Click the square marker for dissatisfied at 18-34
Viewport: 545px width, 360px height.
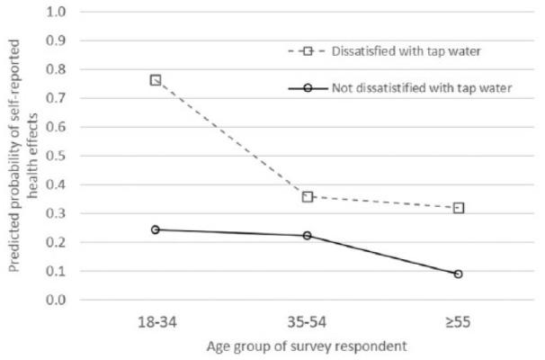coord(156,80)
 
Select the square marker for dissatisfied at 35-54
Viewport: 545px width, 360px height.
coord(308,196)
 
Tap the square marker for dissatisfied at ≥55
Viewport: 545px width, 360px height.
coord(459,208)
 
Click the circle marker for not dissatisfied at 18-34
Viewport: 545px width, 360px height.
coord(156,229)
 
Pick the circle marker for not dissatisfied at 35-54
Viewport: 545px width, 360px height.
coord(308,236)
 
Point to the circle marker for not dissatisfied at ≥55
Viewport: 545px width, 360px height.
coord(459,274)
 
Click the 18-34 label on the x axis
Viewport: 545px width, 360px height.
coord(156,320)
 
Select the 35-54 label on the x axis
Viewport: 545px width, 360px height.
coord(308,320)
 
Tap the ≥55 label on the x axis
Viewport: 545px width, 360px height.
coord(459,320)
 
